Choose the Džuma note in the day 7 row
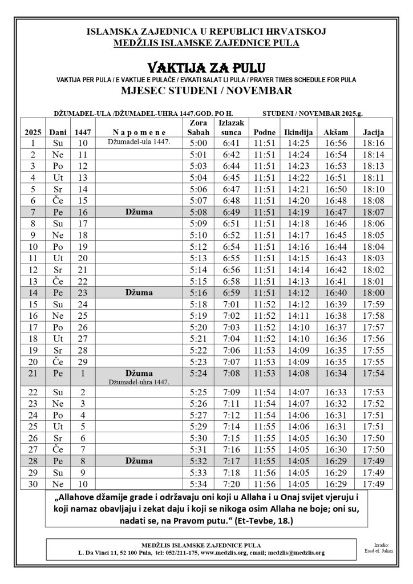(139, 212)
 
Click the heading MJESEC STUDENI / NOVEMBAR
(206, 91)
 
